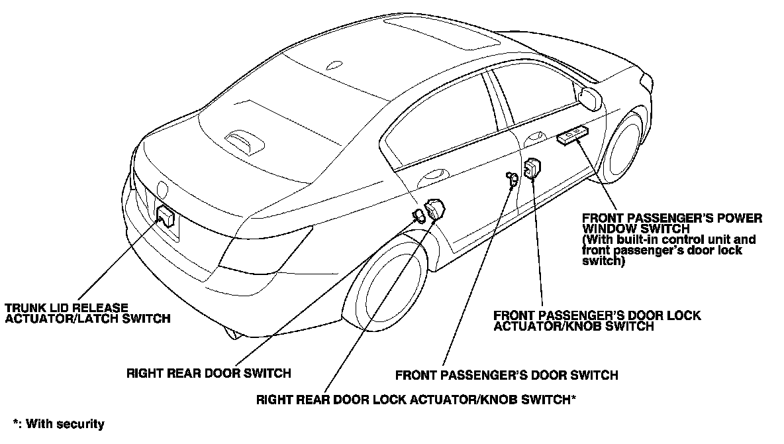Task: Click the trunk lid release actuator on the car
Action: coord(165,215)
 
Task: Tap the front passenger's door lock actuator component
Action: coord(532,168)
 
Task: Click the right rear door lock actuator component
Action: coord(436,209)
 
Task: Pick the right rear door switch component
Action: coord(420,215)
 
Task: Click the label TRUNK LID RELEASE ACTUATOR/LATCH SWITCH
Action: coord(87,313)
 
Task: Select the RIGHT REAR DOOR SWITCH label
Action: coord(209,372)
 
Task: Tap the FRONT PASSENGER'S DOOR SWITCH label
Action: coord(507,375)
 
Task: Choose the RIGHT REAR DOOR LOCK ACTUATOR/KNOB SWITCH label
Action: coord(415,400)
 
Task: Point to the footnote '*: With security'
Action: coord(58,423)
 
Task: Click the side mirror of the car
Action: coord(589,97)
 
